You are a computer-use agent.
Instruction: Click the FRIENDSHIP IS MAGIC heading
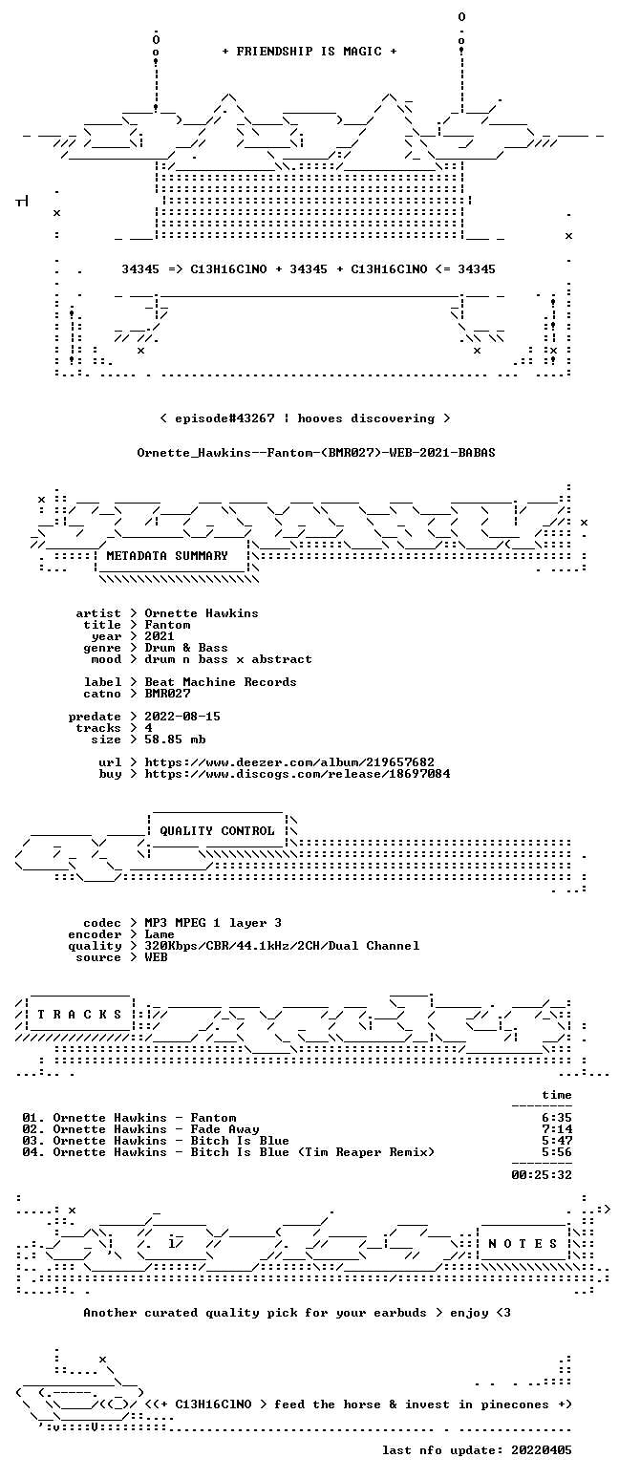[309, 52]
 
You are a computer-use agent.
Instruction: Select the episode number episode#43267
[225, 418]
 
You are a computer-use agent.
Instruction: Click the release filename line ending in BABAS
[316, 453]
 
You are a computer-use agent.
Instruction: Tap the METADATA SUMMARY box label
[167, 556]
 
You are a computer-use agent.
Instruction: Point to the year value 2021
[160, 636]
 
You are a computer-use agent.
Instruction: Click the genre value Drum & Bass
[186, 648]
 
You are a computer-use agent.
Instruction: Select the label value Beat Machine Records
[221, 682]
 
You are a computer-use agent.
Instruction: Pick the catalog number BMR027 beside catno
[167, 694]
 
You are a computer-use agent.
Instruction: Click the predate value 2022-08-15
[182, 717]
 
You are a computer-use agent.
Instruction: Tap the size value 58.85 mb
[175, 739]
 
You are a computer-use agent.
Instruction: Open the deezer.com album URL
[289, 762]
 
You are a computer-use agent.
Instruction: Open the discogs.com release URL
[298, 774]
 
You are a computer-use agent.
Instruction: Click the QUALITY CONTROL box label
[217, 831]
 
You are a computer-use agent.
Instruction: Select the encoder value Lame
[160, 934]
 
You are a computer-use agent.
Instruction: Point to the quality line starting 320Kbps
[282, 946]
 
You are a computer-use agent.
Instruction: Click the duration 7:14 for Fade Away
[557, 1129]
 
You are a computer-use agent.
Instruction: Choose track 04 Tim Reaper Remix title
[312, 1152]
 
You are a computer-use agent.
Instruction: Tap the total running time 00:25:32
[542, 1174]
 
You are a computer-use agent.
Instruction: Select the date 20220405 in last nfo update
[542, 1450]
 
